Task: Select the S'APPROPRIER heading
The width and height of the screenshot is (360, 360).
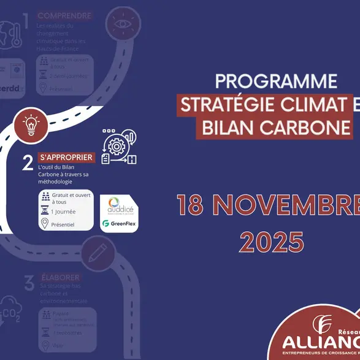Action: tap(66, 158)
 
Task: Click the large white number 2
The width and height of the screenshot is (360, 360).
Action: tap(27, 163)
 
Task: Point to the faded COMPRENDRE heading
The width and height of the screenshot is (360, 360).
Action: tap(64, 15)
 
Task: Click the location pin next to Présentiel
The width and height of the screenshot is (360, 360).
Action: tap(44, 224)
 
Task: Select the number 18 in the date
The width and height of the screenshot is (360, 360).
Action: tap(191, 206)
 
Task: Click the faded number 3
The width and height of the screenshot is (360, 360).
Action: tap(28, 283)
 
